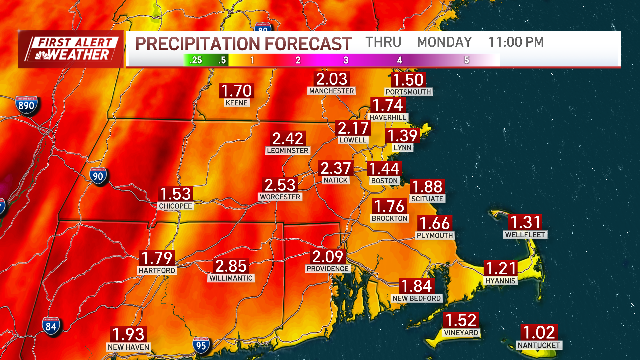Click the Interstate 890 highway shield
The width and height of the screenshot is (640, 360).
(26, 105)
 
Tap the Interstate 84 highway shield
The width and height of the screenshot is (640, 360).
(51, 326)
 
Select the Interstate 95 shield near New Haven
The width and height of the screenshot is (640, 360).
(201, 345)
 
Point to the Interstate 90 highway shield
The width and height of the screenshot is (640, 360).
(98, 176)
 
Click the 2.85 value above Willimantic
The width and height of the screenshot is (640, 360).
(231, 266)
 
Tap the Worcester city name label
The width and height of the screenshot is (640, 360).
(280, 197)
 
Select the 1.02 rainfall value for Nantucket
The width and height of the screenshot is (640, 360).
(539, 332)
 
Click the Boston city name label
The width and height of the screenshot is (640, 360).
(384, 181)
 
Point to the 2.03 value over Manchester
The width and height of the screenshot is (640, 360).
(332, 79)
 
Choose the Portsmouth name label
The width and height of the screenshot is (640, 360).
(408, 92)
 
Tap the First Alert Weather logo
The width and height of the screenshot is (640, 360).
(71, 49)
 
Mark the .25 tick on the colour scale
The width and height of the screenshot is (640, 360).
(196, 60)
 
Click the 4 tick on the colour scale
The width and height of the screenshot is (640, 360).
(400, 60)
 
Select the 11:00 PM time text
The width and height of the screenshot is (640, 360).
(516, 42)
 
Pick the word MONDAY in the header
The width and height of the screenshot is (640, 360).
(444, 42)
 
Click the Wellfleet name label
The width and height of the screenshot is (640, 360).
(525, 235)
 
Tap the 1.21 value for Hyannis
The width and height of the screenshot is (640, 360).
(501, 268)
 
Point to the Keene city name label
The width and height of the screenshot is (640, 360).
(236, 103)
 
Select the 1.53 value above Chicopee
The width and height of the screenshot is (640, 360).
(175, 194)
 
